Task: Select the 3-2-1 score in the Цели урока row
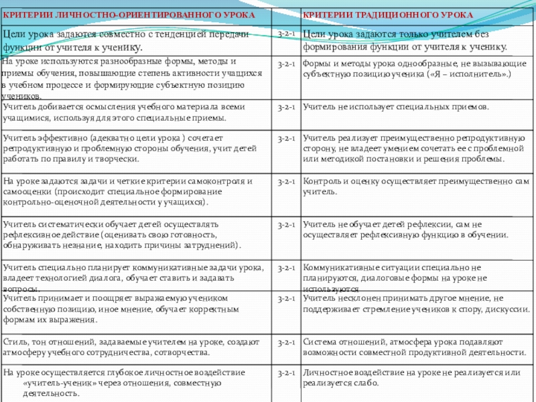(287, 33)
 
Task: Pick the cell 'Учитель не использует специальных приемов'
(395, 107)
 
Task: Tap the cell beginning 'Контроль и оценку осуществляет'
(415, 186)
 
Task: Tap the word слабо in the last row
(367, 383)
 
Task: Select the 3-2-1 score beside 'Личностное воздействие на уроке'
(287, 373)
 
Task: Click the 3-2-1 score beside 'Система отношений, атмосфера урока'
(287, 342)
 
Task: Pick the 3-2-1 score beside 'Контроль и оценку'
(287, 182)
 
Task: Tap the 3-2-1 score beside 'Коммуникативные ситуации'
(287, 268)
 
